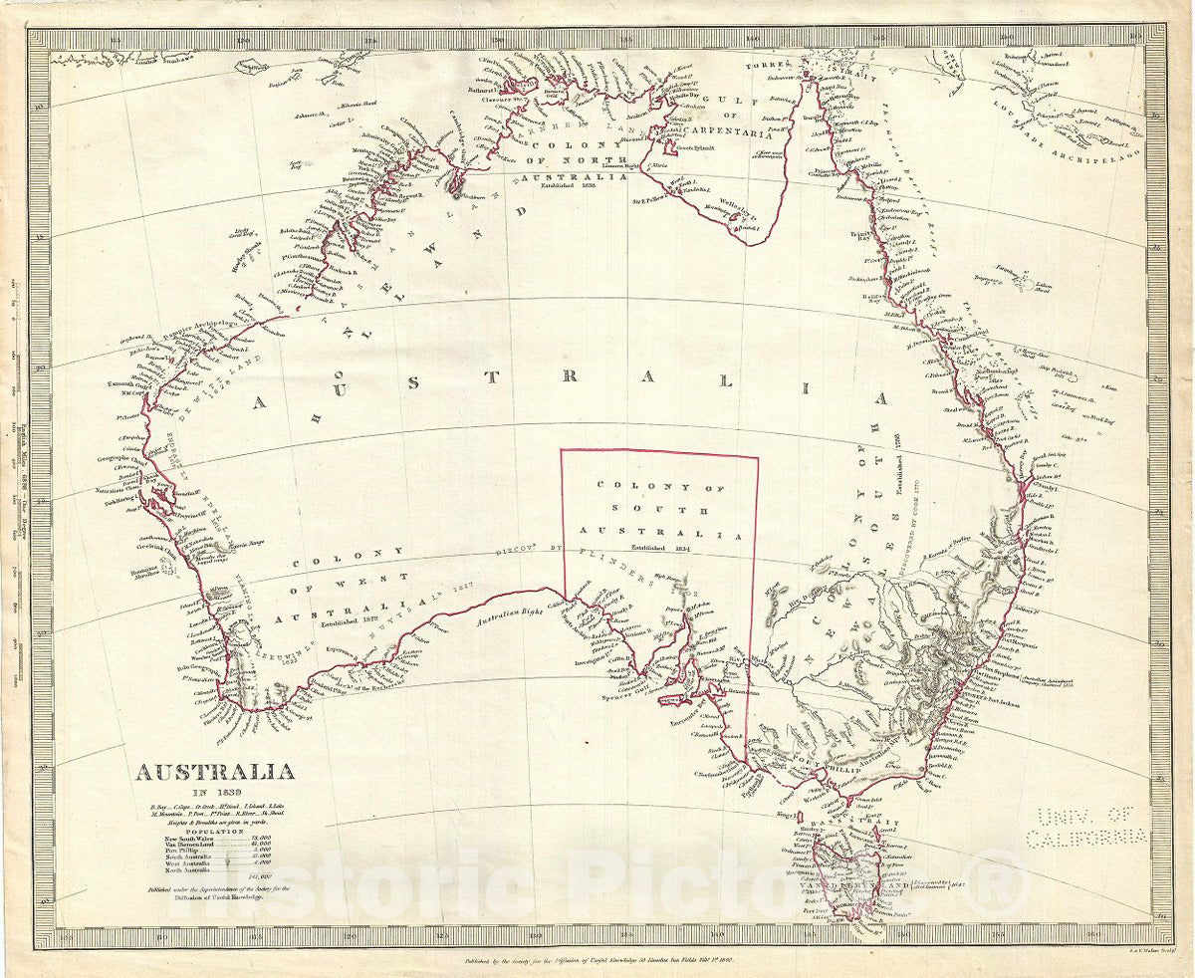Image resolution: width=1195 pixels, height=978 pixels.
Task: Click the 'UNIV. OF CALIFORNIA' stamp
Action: (1091, 826)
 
